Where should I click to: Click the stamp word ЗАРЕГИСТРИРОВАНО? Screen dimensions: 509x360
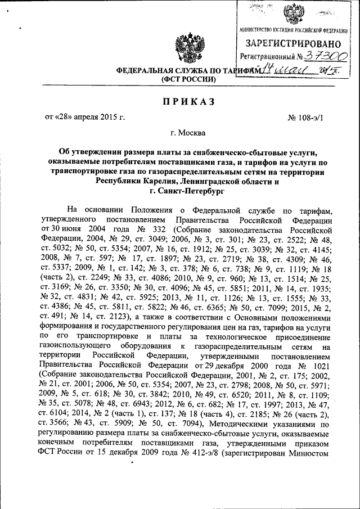pos(292,43)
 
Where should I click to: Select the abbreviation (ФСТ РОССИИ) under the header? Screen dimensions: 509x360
pos(188,80)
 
